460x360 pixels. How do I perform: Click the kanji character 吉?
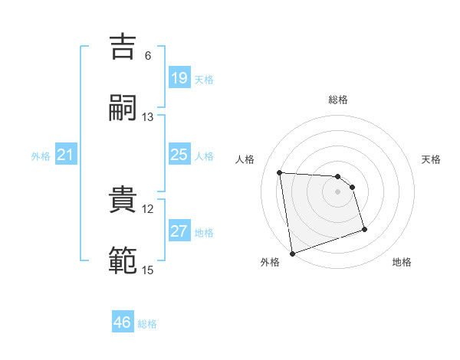(123, 47)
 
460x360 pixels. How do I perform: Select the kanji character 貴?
(123, 200)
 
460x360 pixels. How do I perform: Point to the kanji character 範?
(123, 260)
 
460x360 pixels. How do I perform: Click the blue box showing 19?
(179, 77)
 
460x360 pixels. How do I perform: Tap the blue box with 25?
(179, 155)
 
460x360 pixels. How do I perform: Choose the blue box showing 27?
(179, 231)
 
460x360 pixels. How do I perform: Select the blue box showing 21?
(65, 155)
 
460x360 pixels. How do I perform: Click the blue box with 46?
(123, 322)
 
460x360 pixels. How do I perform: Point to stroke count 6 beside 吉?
(147, 56)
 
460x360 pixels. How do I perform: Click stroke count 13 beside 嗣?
(148, 116)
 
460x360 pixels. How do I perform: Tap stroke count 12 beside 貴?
(148, 208)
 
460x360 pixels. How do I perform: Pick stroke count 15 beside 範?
(148, 270)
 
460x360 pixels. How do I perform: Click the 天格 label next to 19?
(204, 79)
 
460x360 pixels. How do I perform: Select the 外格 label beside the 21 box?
(41, 156)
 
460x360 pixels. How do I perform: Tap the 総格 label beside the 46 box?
(147, 324)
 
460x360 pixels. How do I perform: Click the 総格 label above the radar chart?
(338, 100)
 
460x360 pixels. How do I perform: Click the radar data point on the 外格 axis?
(292, 253)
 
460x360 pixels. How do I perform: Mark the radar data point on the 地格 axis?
(364, 229)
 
